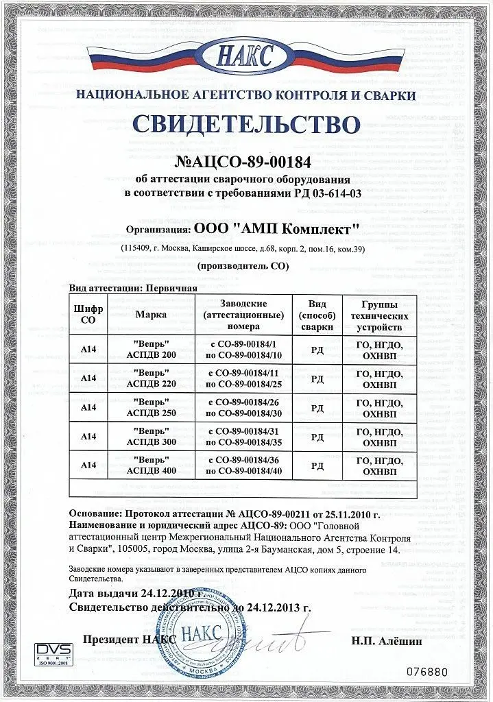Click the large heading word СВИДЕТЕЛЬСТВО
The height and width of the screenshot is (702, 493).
(245, 125)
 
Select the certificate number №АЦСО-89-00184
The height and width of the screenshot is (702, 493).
(245, 163)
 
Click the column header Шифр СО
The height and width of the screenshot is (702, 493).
(88, 315)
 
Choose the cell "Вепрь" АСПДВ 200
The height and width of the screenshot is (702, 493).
(152, 348)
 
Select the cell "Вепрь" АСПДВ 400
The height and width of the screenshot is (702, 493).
(152, 465)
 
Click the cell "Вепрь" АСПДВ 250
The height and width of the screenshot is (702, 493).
(152, 407)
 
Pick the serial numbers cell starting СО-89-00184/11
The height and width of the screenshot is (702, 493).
(245, 378)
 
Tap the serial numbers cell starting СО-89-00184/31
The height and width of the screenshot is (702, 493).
(245, 436)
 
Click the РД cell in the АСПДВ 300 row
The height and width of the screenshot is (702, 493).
(317, 436)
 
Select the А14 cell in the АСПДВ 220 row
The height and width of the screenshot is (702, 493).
(88, 378)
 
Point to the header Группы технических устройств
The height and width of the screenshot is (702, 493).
(379, 315)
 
